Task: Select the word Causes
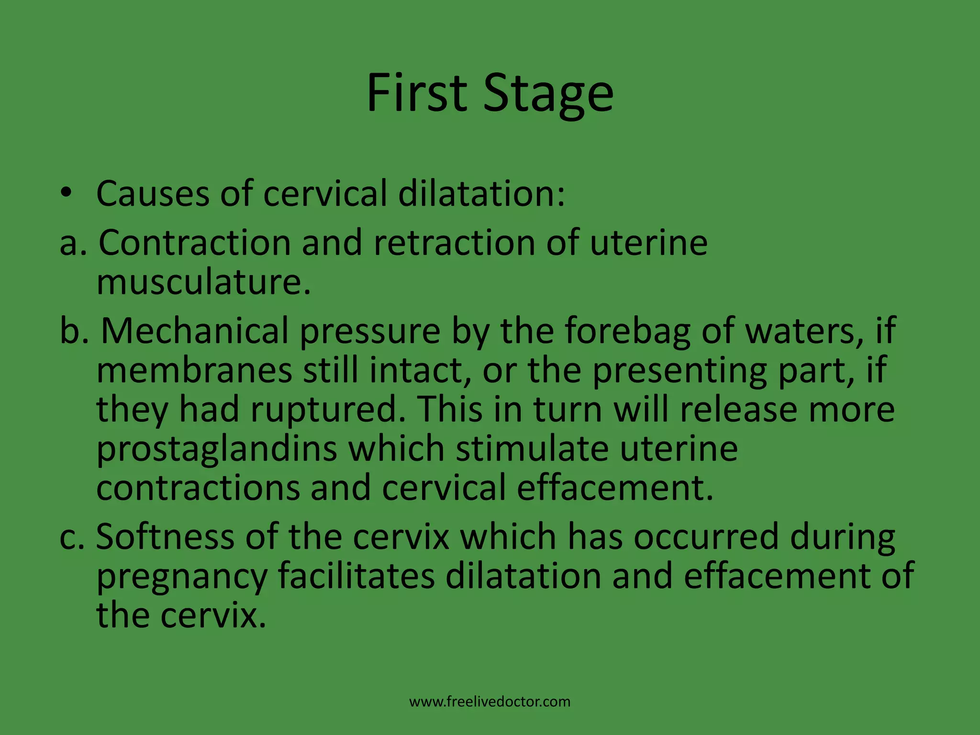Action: tap(153, 194)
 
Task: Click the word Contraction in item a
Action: tap(194, 243)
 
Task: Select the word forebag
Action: tap(627, 332)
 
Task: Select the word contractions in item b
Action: tap(198, 488)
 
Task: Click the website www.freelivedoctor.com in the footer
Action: tap(490, 702)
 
